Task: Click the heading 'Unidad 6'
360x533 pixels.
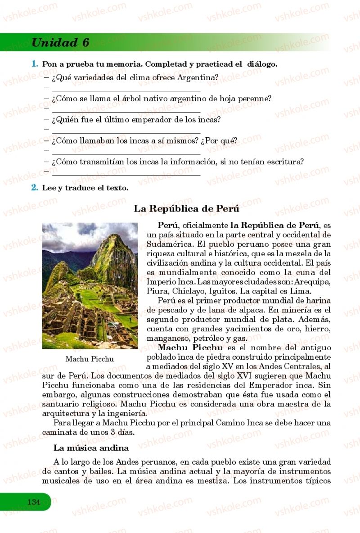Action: tap(60, 43)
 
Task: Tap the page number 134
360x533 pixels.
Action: tap(33, 502)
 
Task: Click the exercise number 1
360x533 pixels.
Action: tap(34, 64)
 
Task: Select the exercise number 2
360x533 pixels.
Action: tap(34, 188)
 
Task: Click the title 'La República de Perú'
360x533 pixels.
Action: tap(186, 209)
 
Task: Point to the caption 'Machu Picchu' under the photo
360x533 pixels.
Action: tap(90, 359)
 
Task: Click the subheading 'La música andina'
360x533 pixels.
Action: tap(91, 448)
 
